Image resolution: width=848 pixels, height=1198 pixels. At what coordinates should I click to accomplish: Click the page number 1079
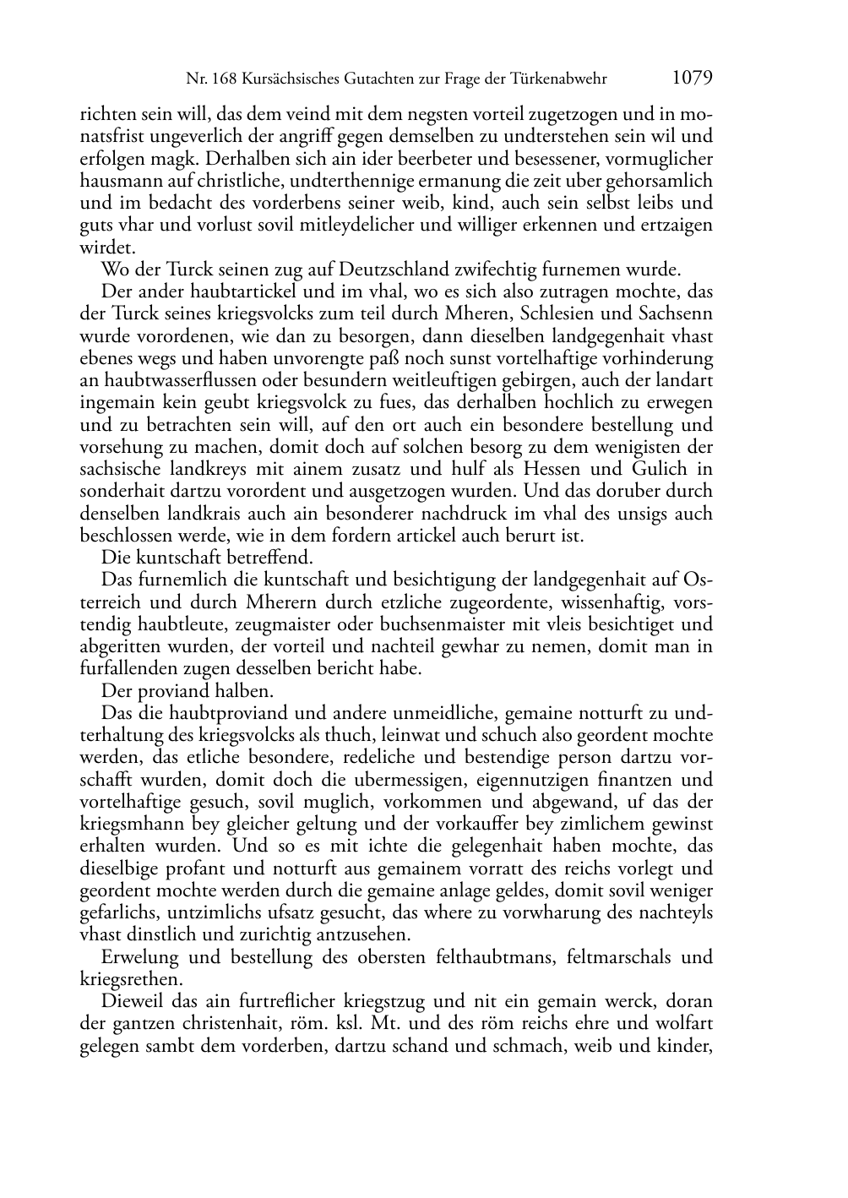point(693,79)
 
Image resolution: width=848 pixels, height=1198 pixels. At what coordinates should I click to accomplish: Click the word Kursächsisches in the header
point(286,80)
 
